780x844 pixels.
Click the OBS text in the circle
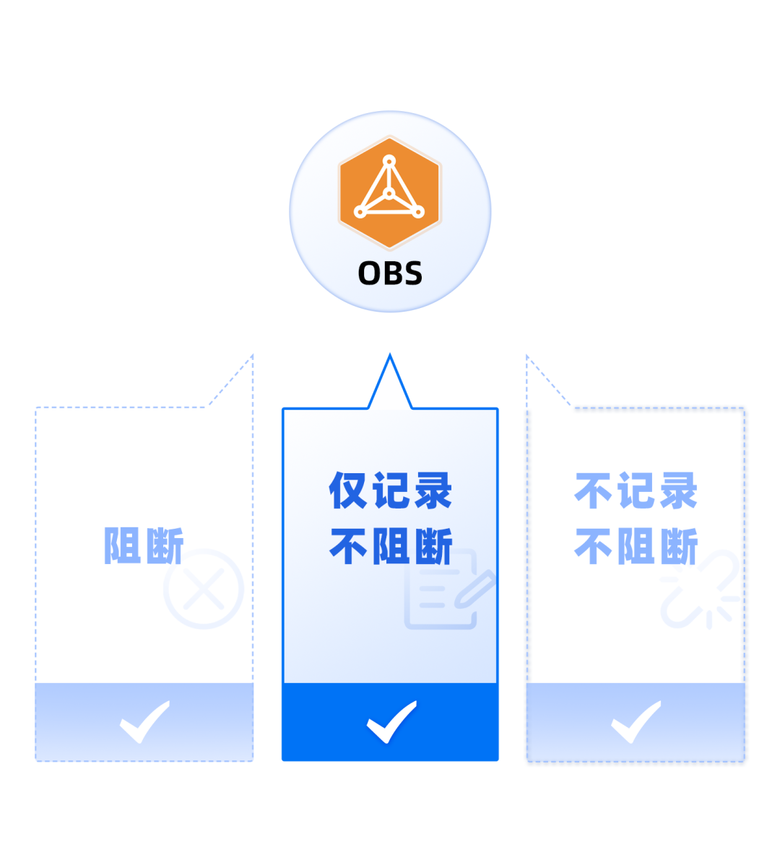(390, 273)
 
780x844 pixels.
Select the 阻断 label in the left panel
(144, 545)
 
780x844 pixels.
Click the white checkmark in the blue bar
(391, 721)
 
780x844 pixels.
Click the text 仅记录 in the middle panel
(390, 491)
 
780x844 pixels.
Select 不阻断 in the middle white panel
(390, 546)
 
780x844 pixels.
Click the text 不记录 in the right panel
(636, 491)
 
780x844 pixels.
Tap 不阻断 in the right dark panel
(636, 546)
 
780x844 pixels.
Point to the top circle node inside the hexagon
(389, 160)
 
